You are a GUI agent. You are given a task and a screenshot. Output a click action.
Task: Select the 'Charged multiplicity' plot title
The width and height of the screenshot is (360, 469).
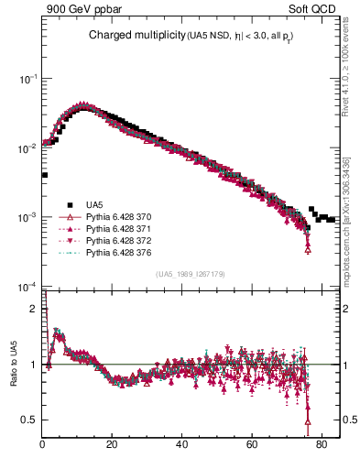[x=136, y=36]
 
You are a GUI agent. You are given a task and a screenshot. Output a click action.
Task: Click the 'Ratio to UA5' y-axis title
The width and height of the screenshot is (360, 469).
[x=13, y=376]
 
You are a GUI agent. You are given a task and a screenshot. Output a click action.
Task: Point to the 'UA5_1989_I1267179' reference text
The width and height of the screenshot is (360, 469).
[x=191, y=274]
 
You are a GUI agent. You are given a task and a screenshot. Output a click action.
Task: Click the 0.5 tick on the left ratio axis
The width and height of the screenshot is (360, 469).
[x=31, y=420]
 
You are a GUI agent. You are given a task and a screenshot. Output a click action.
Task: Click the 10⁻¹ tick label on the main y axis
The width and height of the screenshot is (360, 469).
[x=28, y=80]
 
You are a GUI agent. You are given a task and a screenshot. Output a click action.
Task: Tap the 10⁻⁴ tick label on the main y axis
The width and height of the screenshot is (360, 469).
[x=28, y=287]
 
